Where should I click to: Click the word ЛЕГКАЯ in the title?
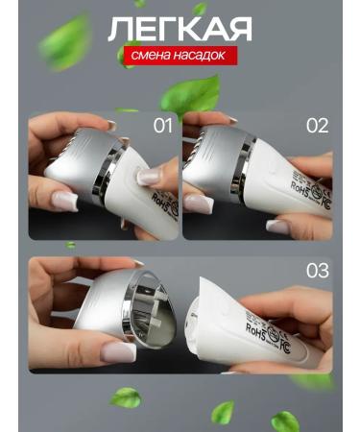coord(180,29)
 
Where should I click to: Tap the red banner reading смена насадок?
coord(179,56)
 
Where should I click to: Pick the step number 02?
coord(317,126)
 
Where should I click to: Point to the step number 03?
coord(317,271)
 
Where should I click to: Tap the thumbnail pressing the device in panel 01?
coord(149,177)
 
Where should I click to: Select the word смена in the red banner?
coord(150,56)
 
